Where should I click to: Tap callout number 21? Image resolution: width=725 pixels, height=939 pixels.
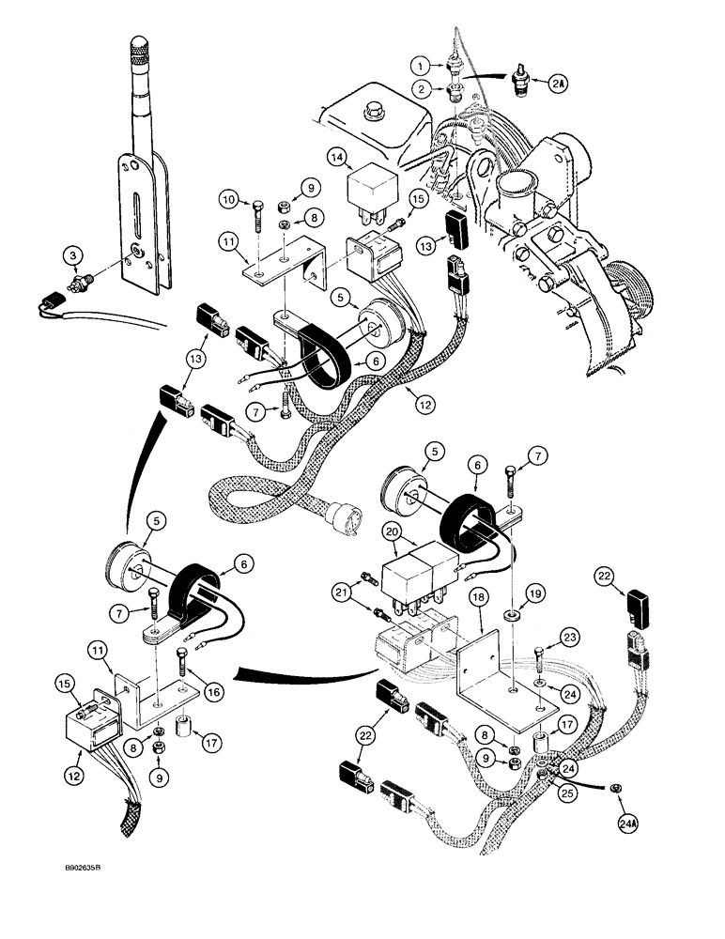[340, 592]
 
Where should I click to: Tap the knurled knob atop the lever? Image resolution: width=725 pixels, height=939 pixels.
[139, 50]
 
